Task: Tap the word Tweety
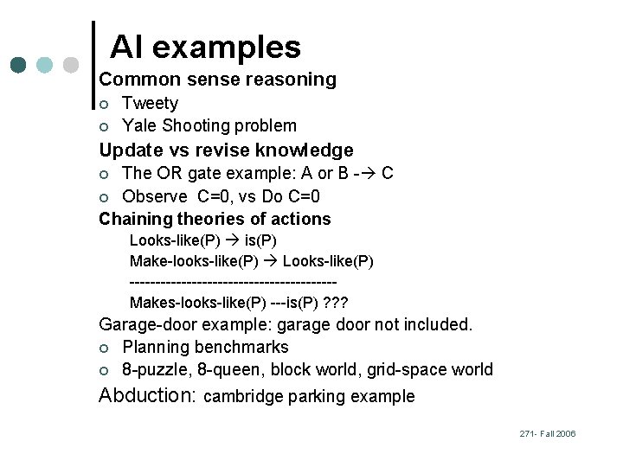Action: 150,103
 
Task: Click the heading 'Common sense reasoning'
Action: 217,80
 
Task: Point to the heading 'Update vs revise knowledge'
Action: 226,150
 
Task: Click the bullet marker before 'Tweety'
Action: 104,105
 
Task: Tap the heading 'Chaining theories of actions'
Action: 215,219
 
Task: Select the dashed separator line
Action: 232,282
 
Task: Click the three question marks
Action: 333,302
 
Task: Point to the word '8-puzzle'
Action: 152,370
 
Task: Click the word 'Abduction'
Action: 148,395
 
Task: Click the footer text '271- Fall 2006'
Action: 548,433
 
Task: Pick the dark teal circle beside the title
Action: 19,65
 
